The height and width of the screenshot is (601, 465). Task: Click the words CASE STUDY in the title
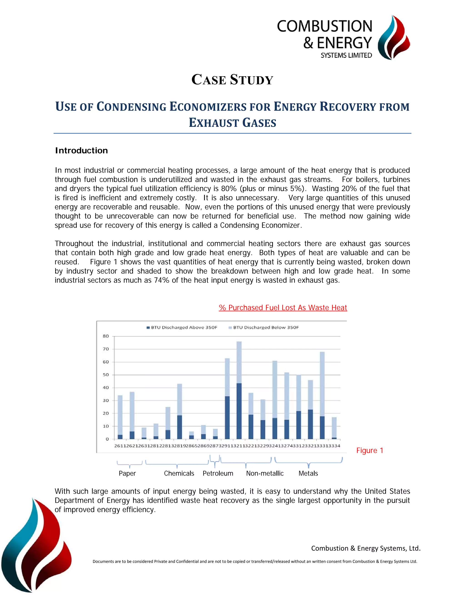coord(232,80)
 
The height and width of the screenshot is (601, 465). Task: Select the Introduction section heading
coord(81,151)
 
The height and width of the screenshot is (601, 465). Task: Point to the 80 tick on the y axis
coord(106,336)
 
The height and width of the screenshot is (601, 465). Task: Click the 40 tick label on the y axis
coord(106,387)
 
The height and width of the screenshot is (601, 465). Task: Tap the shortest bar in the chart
coord(191,435)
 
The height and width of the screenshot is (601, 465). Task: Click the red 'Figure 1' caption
coord(370,450)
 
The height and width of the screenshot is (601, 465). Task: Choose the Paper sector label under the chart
coord(127,473)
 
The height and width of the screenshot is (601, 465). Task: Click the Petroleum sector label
coord(218,473)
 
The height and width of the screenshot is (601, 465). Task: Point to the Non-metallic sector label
coord(265,473)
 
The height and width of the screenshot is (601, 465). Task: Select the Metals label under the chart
coord(308,473)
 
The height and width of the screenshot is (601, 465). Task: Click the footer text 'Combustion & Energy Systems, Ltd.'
coord(366,548)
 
